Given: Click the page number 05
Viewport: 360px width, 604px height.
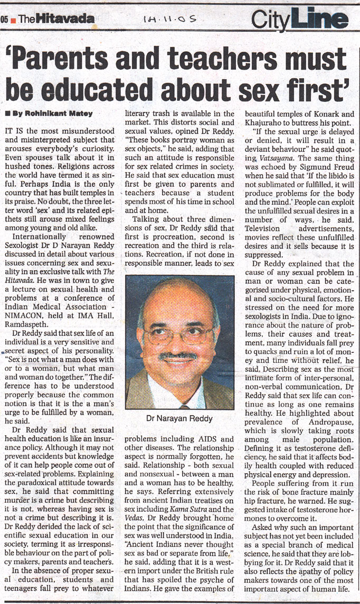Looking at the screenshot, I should (4, 19).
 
